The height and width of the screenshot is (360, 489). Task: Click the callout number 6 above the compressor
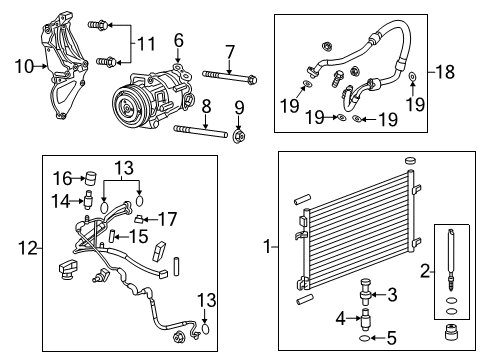pyautogui.click(x=179, y=40)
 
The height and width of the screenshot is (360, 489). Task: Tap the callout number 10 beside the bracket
pyautogui.click(x=24, y=66)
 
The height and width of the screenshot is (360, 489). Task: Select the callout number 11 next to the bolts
pyautogui.click(x=146, y=44)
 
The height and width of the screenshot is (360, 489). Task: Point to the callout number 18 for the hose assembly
pyautogui.click(x=445, y=72)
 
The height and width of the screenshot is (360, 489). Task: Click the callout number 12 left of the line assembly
pyautogui.click(x=28, y=248)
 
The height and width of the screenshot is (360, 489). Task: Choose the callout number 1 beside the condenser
pyautogui.click(x=268, y=247)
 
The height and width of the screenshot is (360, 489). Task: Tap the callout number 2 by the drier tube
pyautogui.click(x=425, y=271)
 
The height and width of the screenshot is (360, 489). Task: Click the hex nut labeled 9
pyautogui.click(x=239, y=137)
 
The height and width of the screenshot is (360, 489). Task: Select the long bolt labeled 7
pyautogui.click(x=229, y=77)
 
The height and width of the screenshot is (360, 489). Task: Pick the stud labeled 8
pyautogui.click(x=201, y=132)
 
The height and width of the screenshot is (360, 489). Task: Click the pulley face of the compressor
pyautogui.click(x=127, y=107)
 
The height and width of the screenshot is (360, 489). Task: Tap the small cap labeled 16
pyautogui.click(x=91, y=178)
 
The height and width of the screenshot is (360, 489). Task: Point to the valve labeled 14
pyautogui.click(x=87, y=200)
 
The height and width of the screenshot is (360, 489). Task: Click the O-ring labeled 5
pyautogui.click(x=364, y=339)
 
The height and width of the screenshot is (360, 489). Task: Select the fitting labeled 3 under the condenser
pyautogui.click(x=365, y=291)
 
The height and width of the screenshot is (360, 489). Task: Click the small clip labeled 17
pyautogui.click(x=139, y=219)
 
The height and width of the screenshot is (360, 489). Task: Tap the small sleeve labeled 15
pyautogui.click(x=113, y=236)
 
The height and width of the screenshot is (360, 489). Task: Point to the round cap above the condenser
pyautogui.click(x=411, y=160)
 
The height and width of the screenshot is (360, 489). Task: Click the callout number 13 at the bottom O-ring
pyautogui.click(x=207, y=300)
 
